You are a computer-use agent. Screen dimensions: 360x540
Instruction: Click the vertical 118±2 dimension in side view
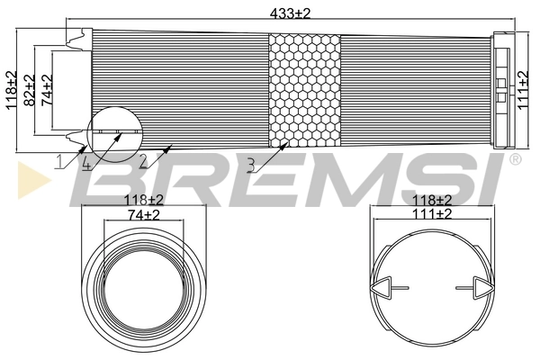12,88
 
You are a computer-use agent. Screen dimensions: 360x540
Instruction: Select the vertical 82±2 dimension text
29,91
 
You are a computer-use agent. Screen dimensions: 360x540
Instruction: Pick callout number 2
142,162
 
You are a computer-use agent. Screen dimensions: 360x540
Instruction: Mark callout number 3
251,164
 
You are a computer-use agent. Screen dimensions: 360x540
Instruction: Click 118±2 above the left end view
143,200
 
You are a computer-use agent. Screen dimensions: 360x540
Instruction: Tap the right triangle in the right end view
481,288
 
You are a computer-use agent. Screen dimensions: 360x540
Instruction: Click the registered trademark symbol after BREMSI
515,160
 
